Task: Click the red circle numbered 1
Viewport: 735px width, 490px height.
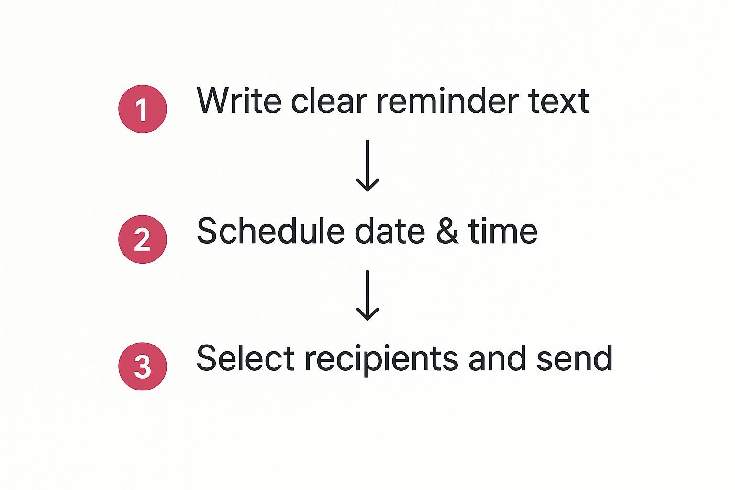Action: tap(143, 109)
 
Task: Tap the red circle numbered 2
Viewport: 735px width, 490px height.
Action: tap(143, 239)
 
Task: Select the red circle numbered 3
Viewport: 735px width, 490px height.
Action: tap(143, 366)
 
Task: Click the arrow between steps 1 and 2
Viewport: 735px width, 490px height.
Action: tap(367, 166)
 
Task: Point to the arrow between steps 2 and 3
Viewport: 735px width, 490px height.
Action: tap(367, 295)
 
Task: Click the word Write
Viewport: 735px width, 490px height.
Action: tap(239, 100)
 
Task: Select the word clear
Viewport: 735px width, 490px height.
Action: tap(329, 100)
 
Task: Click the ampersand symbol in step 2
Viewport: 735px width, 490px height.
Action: tap(447, 232)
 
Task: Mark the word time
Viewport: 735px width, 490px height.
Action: tap(503, 231)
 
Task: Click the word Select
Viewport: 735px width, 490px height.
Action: tap(245, 358)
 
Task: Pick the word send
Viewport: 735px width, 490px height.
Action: tap(575, 358)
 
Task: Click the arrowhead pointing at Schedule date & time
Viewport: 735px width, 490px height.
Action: tap(367, 186)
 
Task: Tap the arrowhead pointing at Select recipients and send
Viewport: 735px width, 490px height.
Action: tap(367, 315)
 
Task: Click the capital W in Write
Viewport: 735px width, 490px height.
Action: tap(216, 100)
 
